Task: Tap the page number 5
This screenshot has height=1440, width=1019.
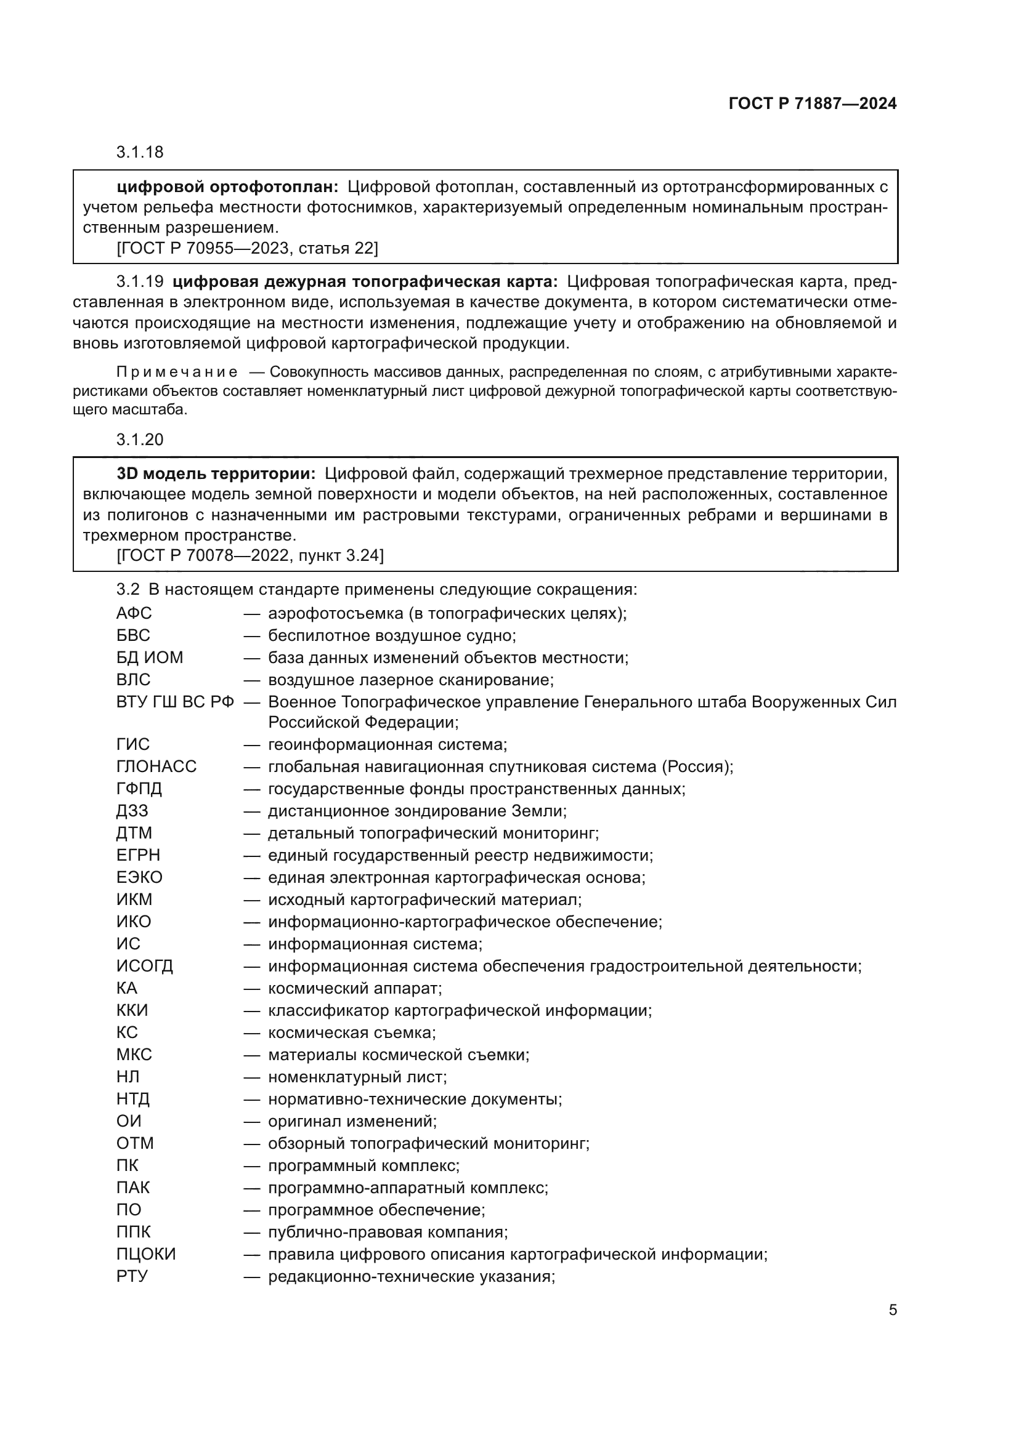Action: click(892, 1309)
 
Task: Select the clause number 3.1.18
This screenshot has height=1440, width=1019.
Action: click(139, 153)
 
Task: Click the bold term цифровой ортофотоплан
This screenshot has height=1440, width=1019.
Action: click(227, 187)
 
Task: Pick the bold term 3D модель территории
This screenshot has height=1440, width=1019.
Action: click(216, 473)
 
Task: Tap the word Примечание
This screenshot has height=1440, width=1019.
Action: click(177, 372)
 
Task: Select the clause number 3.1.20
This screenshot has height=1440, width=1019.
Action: click(139, 440)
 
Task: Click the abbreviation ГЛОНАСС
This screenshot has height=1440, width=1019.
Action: click(156, 766)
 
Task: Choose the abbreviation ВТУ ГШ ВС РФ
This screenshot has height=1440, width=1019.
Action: click(175, 702)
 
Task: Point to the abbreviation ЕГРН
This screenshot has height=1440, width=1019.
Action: click(138, 856)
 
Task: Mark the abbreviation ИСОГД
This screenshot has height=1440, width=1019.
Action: click(144, 966)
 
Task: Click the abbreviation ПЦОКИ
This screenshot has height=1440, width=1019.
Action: click(145, 1253)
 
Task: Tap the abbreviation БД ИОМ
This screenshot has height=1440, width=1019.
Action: click(149, 658)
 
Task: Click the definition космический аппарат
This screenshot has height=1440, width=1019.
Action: click(354, 989)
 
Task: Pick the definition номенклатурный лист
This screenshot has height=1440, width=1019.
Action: click(357, 1077)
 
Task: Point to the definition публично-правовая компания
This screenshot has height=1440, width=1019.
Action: click(387, 1232)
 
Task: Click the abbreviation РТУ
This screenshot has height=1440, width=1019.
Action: click(132, 1276)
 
